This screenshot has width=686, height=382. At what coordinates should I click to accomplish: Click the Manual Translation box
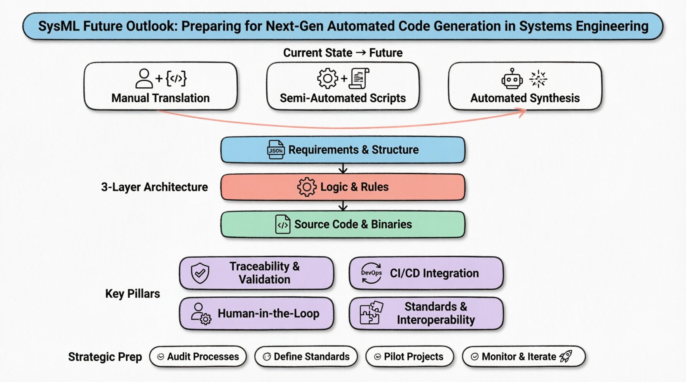160,86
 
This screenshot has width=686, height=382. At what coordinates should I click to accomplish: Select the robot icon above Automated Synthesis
512,79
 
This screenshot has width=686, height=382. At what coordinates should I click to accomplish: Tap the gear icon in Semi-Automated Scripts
327,78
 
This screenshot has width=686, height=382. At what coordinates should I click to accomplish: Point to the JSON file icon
275,150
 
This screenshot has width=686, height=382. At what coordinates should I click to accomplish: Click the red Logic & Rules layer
343,187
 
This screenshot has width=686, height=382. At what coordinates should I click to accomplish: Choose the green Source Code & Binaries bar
343,225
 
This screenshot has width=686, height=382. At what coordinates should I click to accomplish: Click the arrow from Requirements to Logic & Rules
343,168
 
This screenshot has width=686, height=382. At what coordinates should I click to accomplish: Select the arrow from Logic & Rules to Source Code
343,205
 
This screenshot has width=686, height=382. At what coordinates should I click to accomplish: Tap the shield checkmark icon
200,273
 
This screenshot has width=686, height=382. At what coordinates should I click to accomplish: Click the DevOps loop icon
371,273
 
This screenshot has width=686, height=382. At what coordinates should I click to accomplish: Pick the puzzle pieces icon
371,313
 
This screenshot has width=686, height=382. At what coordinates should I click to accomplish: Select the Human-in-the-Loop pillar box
256,314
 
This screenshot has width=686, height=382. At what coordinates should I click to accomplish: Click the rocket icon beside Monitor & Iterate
566,356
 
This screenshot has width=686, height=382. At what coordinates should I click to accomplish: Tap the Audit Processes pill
198,356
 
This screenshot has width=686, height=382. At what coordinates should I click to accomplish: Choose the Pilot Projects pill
409,356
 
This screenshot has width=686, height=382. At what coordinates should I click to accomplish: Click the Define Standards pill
306,356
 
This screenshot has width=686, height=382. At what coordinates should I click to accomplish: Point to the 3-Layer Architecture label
154,187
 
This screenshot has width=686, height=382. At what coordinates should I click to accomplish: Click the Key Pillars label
132,294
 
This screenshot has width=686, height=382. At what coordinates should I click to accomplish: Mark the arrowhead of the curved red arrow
523,112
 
